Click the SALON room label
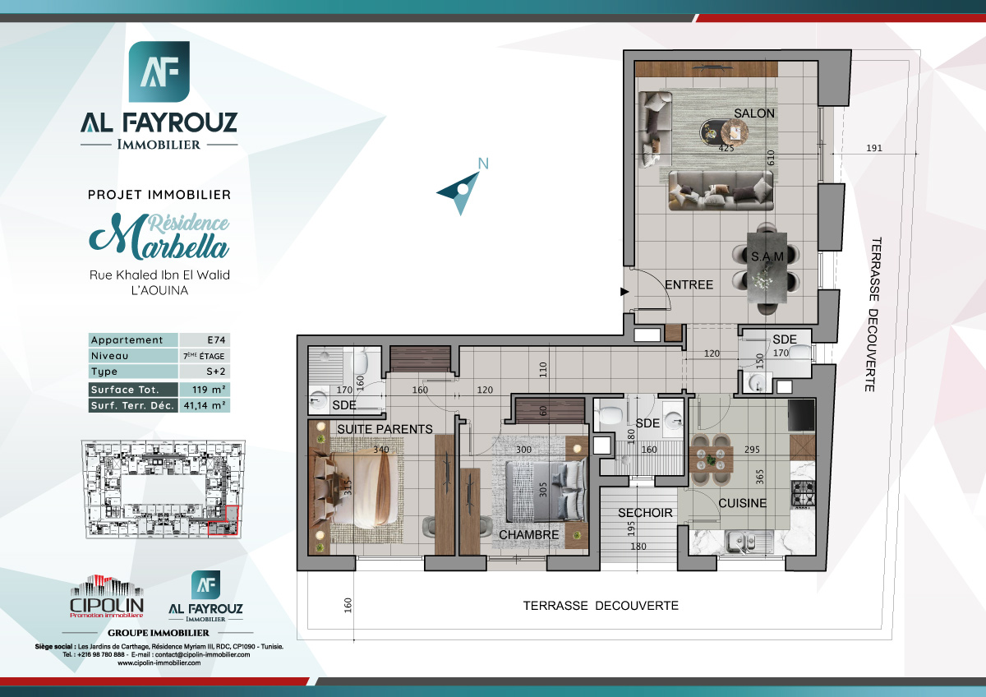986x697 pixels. (x=753, y=113)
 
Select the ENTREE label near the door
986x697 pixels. (x=689, y=284)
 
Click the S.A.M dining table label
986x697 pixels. (x=767, y=256)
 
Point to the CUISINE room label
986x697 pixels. (x=742, y=503)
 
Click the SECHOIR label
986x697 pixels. (x=645, y=513)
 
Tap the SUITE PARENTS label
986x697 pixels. (x=385, y=429)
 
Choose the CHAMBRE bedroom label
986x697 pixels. (x=529, y=534)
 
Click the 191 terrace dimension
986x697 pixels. (x=874, y=149)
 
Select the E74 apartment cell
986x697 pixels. (x=204, y=340)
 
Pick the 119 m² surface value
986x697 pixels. (x=204, y=390)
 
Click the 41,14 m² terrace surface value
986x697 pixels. (x=204, y=405)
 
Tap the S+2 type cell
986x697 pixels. (x=204, y=372)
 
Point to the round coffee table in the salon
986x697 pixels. (x=735, y=130)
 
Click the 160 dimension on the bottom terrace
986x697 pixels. (x=348, y=606)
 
